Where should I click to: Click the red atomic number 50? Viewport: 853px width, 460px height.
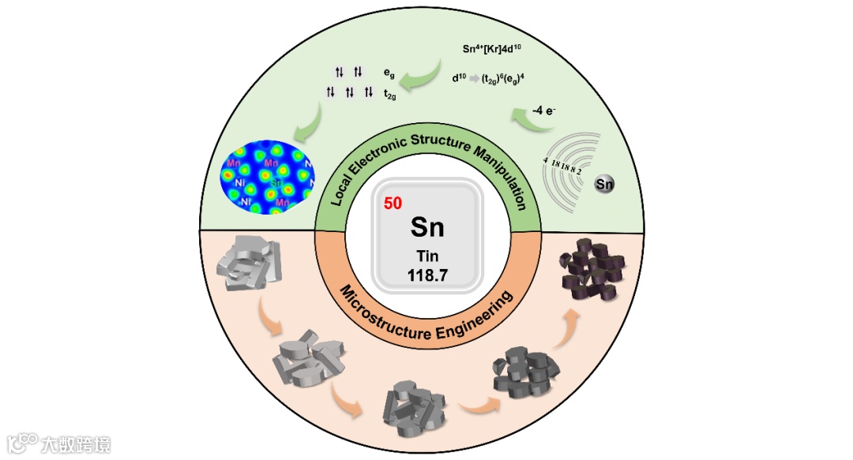[393, 203]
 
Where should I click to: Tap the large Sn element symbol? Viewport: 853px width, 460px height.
[427, 227]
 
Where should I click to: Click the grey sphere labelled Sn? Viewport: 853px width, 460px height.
[605, 185]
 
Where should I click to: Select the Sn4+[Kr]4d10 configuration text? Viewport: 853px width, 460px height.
[492, 49]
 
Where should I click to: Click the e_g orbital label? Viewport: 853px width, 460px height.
[389, 72]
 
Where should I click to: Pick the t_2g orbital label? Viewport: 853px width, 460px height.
[389, 93]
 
